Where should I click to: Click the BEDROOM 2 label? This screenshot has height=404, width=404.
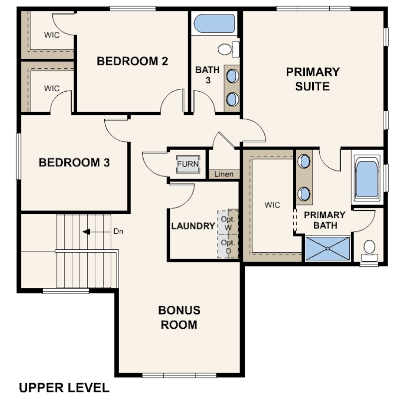[x=132, y=61]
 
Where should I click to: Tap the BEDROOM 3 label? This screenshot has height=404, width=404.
[x=74, y=163]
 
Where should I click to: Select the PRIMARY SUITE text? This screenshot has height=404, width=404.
[x=313, y=79]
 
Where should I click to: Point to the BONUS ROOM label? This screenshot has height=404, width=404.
[x=180, y=317]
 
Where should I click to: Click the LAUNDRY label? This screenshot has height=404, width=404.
[x=193, y=226]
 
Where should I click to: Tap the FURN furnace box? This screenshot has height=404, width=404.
[x=188, y=164]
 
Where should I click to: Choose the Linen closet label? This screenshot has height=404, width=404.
[x=224, y=175]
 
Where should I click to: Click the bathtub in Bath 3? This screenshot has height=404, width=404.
[x=214, y=23]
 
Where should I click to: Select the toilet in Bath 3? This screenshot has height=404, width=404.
[x=228, y=49]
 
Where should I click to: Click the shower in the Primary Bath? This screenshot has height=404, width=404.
[x=328, y=249]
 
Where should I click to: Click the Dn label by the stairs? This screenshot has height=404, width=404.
[x=118, y=231]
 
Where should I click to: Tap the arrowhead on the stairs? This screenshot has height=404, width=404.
[x=86, y=232]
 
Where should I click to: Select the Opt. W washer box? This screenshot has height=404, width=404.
[x=228, y=222]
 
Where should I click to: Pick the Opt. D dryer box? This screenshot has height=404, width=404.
[x=228, y=246]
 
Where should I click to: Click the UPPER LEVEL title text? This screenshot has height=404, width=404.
[x=64, y=388]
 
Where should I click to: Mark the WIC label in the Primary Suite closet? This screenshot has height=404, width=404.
[x=272, y=205]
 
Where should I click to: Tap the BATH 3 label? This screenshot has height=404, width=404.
[x=207, y=75]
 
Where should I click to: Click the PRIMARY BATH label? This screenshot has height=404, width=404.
[x=325, y=220]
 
